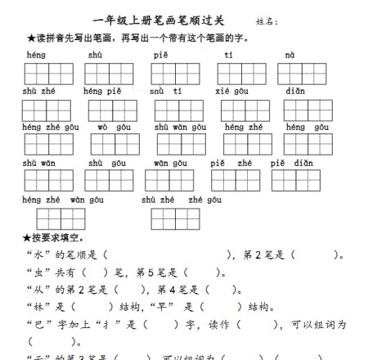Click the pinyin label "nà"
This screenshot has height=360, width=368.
tap(289, 55)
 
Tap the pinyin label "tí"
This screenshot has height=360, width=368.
tap(229, 55)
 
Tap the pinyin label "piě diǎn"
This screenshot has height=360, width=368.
tap(292, 163)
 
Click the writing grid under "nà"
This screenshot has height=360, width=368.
tap(301, 74)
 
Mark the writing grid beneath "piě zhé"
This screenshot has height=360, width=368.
tap(236, 181)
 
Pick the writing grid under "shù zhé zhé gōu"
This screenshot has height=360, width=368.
tap(175, 218)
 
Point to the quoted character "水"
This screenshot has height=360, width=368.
tap(37, 254)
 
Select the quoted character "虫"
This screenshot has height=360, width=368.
tap(37, 272)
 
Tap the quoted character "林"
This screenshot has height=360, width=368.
tap(37, 308)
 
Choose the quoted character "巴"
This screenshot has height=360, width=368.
tap(37, 325)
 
